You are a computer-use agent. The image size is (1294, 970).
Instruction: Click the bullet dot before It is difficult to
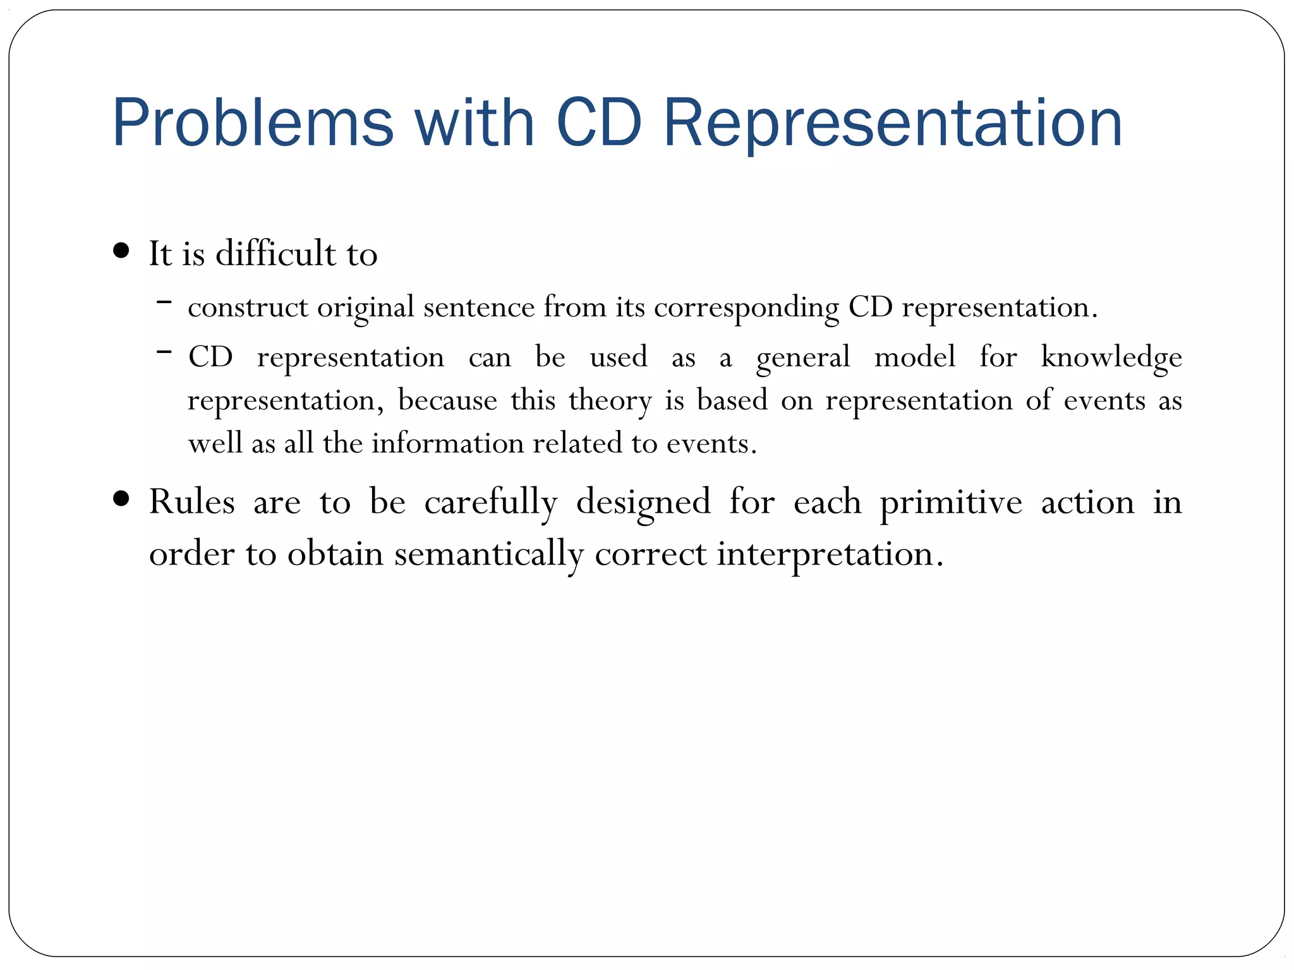121,251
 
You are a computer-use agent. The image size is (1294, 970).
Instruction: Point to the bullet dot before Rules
121,500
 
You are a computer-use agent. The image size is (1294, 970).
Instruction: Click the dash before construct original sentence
164,302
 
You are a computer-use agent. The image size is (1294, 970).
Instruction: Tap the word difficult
275,253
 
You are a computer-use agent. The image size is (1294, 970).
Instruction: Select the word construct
248,308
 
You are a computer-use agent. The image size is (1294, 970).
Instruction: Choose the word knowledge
1111,357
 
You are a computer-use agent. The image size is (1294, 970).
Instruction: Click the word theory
610,401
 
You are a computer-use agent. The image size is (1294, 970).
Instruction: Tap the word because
447,400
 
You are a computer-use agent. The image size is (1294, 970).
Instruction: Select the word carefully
490,503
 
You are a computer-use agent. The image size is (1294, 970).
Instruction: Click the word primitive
951,503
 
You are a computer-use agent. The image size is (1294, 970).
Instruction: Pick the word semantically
489,554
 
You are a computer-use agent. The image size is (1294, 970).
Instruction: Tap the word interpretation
830,554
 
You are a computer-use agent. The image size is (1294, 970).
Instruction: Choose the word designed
643,503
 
